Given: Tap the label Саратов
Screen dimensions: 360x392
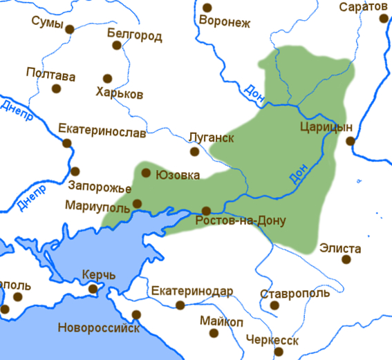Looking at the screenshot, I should coord(364,7).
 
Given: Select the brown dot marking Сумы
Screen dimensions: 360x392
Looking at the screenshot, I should coord(69,28).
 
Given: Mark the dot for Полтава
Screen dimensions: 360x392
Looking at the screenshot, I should coord(56,88).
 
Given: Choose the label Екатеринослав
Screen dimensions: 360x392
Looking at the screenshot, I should coord(101,129).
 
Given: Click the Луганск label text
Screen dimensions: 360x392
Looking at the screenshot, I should coord(212,138).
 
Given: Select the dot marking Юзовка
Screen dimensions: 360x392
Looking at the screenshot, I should coord(146,173).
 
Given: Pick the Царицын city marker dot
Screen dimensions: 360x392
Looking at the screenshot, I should coord(351,141).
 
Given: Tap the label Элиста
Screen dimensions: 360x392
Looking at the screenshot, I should coord(340,247).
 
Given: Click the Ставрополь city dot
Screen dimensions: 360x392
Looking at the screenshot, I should coord(274,305).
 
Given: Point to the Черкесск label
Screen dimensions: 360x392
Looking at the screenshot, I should coord(273,341).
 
